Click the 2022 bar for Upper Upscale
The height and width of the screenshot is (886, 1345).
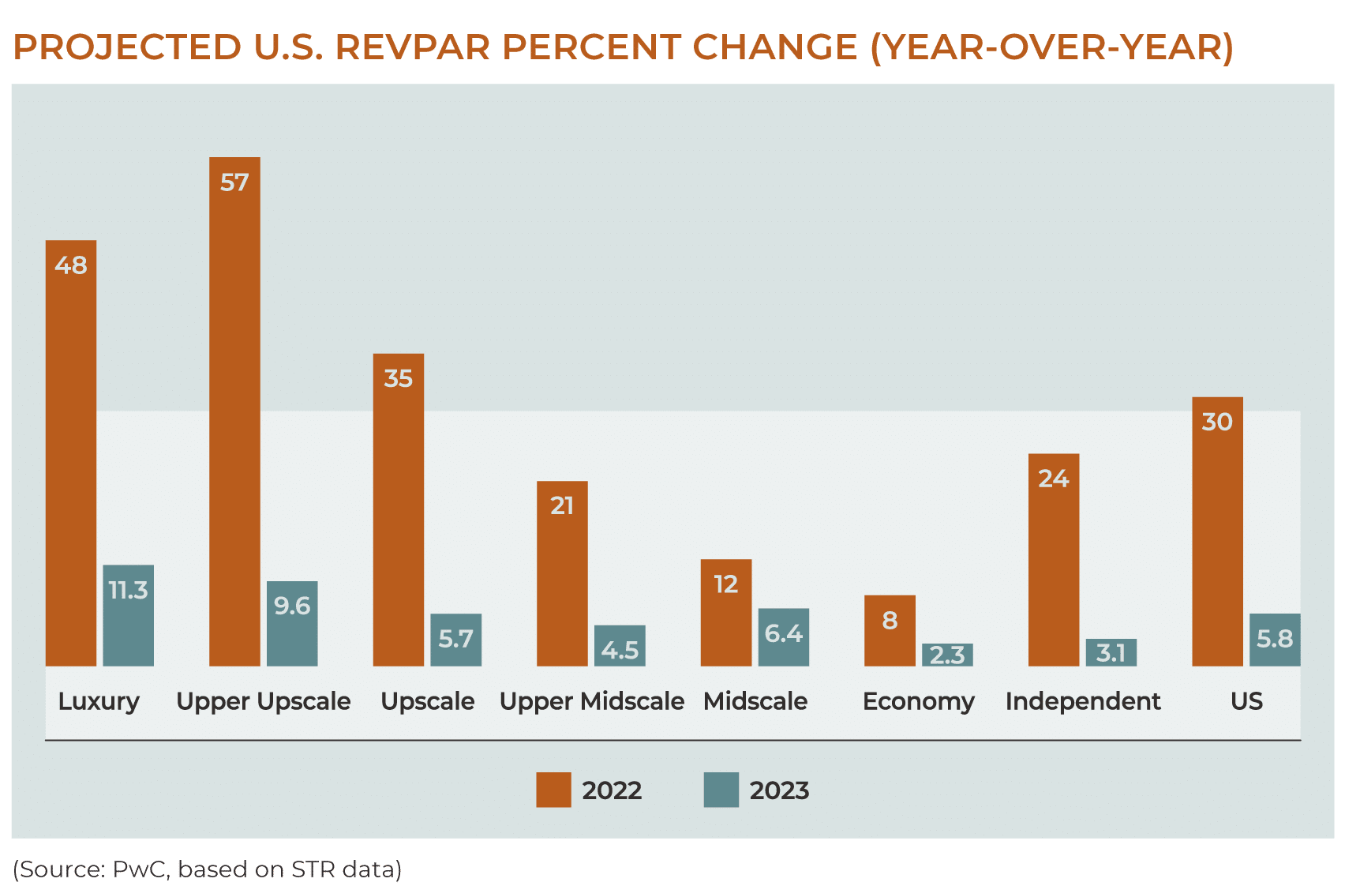[x=234, y=411]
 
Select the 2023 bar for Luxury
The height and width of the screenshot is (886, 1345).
[x=128, y=616]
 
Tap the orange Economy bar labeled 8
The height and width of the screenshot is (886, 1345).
[x=890, y=632]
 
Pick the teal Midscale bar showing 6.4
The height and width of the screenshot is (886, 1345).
[x=783, y=638]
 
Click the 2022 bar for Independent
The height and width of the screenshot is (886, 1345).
[x=1054, y=561]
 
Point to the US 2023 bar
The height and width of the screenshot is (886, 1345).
[x=1274, y=640]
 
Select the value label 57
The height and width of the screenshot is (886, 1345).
[x=234, y=182]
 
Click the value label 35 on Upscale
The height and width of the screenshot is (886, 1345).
[x=398, y=378]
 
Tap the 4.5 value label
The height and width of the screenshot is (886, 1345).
[x=620, y=651]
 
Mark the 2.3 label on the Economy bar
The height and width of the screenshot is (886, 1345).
[x=947, y=655]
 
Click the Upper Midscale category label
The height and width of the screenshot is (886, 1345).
[x=591, y=701]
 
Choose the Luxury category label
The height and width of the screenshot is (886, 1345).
[x=99, y=701]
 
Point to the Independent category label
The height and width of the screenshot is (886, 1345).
[x=1082, y=701]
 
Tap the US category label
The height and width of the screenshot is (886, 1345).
[x=1246, y=701]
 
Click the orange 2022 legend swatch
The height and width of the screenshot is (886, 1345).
[x=553, y=790]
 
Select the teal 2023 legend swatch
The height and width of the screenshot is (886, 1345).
[x=721, y=790]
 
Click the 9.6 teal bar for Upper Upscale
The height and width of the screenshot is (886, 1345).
[x=292, y=624]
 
